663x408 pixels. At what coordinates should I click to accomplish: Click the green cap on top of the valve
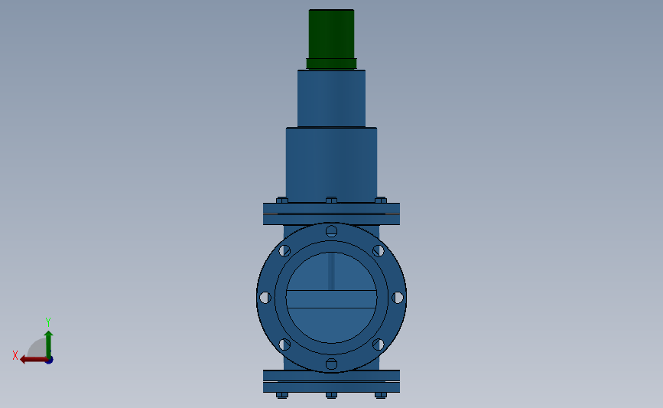(331, 33)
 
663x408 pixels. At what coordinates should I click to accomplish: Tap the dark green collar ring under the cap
(331, 64)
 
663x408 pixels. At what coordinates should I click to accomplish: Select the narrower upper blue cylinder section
(331, 98)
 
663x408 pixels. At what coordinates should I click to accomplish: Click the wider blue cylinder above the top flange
(331, 162)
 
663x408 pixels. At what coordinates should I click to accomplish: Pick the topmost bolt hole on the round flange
(331, 230)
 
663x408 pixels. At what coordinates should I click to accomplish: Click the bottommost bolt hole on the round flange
(331, 364)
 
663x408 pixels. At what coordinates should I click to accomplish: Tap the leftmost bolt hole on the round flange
(265, 297)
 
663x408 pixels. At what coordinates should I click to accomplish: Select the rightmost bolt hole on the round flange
(398, 297)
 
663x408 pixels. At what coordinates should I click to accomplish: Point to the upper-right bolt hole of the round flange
(378, 250)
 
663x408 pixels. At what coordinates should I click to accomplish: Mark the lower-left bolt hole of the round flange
(284, 344)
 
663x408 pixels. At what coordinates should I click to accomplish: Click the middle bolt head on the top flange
(331, 201)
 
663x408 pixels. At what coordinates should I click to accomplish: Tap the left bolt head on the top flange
(281, 201)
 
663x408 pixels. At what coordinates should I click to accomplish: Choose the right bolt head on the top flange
(381, 201)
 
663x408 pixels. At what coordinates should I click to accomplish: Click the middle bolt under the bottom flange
(331, 395)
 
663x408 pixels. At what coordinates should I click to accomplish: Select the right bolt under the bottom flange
(381, 395)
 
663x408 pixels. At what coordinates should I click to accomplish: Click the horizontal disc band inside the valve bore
(331, 299)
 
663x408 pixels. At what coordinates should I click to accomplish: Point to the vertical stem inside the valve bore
(332, 272)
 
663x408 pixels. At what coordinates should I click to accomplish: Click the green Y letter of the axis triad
(47, 322)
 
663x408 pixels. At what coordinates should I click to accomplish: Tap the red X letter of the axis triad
(15, 355)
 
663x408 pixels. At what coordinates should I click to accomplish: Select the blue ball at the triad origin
(48, 359)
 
